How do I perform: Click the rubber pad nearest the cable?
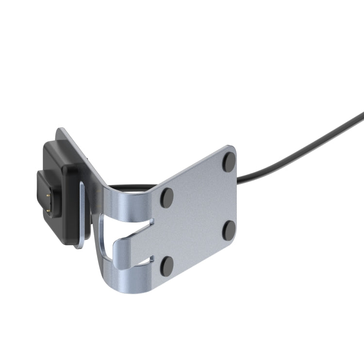click(x=229, y=162)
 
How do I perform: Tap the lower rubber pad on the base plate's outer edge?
click(x=229, y=230)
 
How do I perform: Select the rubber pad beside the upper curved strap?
click(x=167, y=198)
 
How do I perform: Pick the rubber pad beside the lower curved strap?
click(x=167, y=265)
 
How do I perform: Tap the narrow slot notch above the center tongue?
click(x=146, y=224)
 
